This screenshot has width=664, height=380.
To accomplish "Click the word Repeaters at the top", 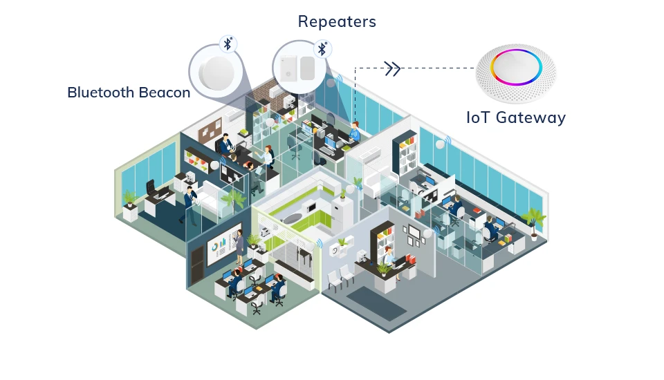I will click(337, 21).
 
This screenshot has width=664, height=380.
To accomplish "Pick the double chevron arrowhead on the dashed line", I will click(392, 68).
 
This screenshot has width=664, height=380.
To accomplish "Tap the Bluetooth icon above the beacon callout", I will click(228, 44).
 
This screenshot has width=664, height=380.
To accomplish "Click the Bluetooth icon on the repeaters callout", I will click(322, 48).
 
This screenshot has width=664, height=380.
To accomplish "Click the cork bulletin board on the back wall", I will click(209, 131).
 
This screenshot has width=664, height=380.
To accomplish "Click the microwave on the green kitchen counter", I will click(309, 207).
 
